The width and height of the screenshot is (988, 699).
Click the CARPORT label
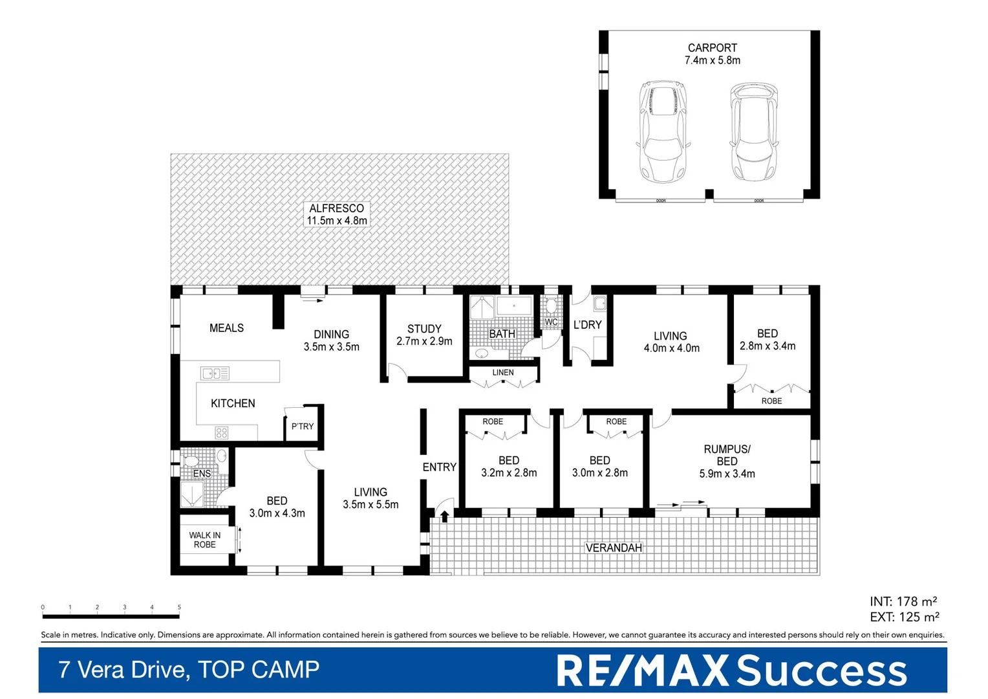point(712,48)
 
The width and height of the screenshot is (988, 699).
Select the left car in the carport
point(661,131)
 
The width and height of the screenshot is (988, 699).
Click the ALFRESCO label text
point(336,208)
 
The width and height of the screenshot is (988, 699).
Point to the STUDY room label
point(424,329)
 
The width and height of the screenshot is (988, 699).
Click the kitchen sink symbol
point(215,373)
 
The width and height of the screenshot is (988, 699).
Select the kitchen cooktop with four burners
point(222,432)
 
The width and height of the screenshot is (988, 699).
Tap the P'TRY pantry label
point(302,427)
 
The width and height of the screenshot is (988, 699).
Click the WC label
point(551,322)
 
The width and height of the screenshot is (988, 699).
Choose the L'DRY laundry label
point(587,325)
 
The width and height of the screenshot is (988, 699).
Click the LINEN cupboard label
point(503,373)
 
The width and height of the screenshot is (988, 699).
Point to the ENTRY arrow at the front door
point(445,515)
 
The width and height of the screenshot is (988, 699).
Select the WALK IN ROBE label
point(204,540)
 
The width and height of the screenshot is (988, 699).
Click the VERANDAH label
point(614,548)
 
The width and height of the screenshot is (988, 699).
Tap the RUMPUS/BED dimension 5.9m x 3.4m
point(727,474)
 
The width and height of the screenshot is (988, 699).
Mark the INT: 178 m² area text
point(903,601)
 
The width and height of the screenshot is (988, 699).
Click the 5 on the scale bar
point(179,607)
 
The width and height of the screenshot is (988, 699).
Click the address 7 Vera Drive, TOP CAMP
point(189,670)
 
